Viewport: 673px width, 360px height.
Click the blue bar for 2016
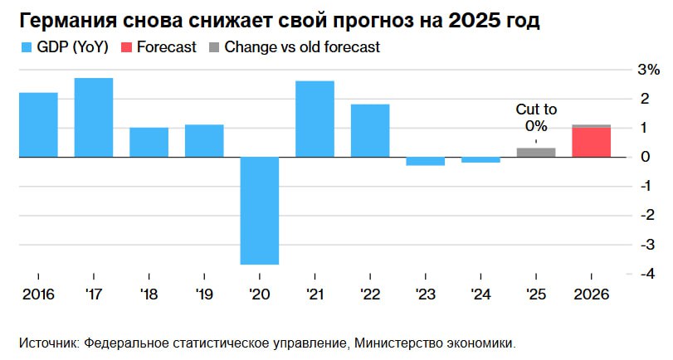click(x=38, y=124)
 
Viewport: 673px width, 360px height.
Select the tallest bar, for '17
click(x=94, y=117)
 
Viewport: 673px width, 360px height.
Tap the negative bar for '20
click(x=260, y=211)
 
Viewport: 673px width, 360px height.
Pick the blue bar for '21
click(x=315, y=119)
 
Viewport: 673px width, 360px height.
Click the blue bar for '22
click(x=370, y=130)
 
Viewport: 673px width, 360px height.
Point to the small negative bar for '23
click(x=426, y=161)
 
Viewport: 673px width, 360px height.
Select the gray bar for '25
click(x=536, y=152)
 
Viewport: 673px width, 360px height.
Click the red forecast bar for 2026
click(x=592, y=142)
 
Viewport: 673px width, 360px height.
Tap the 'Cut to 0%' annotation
click(x=536, y=117)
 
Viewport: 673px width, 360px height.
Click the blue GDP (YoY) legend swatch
click(x=27, y=47)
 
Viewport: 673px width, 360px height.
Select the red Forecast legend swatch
click(x=126, y=47)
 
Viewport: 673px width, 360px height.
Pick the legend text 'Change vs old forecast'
click(x=302, y=47)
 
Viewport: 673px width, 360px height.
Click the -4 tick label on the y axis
click(x=642, y=274)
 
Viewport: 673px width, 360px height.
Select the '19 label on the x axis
click(x=204, y=295)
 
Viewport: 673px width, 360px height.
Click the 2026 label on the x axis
click(x=592, y=295)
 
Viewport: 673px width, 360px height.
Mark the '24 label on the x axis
click(x=480, y=295)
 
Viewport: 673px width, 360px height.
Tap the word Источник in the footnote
click(x=47, y=342)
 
